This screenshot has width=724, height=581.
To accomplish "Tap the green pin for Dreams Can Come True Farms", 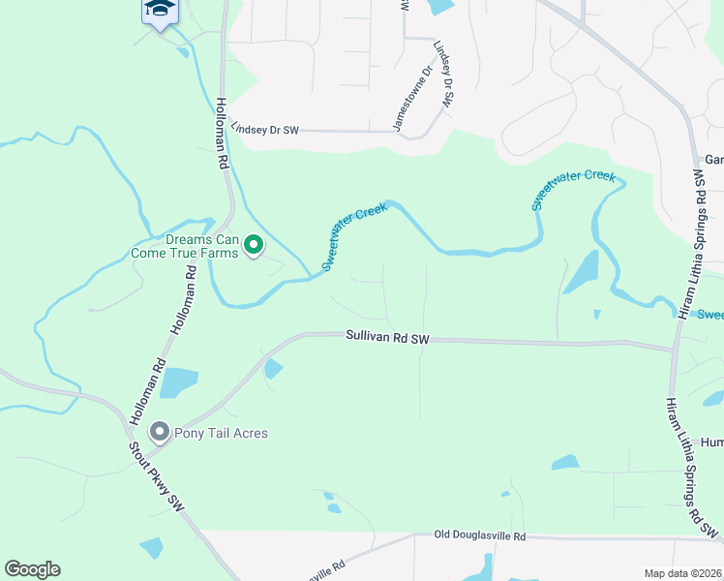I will click(253, 246).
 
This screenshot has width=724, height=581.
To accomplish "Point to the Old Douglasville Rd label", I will click(479, 535).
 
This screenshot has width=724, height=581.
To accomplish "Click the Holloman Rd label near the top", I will click(222, 135).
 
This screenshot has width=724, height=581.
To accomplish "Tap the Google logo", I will click(32, 569).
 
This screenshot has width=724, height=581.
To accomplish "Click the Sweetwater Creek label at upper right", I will click(573, 190).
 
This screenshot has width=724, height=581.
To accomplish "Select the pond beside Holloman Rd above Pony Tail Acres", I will click(178, 383).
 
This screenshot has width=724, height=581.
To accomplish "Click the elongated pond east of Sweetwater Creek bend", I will click(581, 272).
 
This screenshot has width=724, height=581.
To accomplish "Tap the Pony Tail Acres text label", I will click(222, 433).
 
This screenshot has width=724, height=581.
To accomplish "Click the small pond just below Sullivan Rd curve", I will click(274, 369).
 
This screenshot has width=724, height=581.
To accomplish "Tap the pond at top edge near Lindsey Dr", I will click(441, 6).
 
